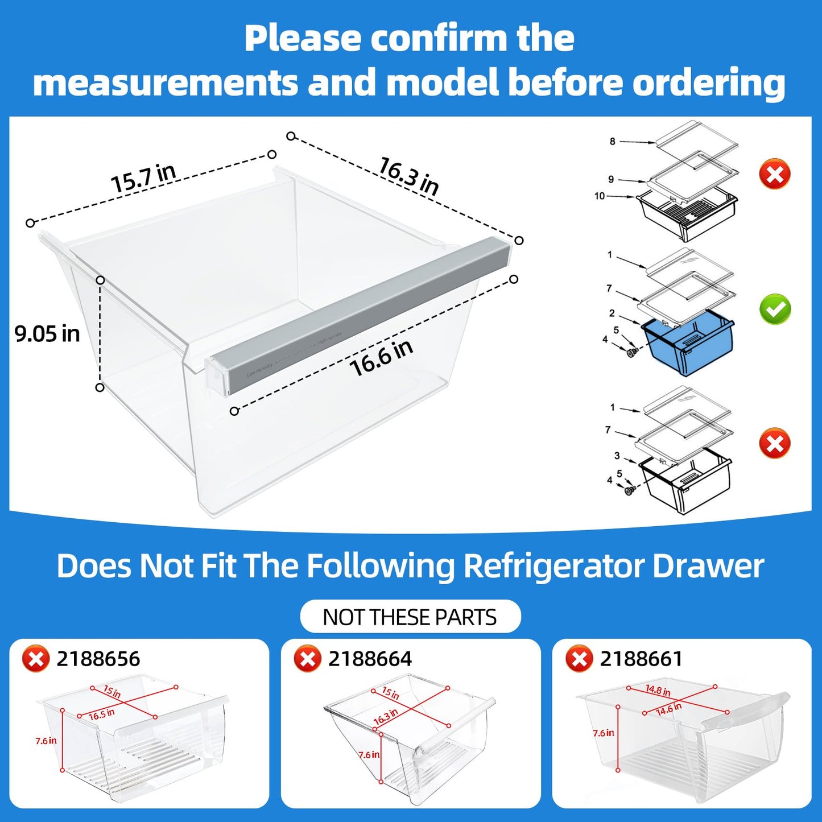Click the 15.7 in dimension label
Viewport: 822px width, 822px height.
(143, 177)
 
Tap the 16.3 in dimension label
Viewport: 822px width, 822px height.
(408, 176)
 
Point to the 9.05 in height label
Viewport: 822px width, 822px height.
(47, 334)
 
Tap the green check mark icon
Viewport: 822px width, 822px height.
(775, 309)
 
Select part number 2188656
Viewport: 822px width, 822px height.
(98, 659)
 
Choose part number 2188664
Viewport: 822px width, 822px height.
(370, 659)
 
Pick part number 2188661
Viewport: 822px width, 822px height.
(641, 659)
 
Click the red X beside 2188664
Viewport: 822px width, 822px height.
(307, 659)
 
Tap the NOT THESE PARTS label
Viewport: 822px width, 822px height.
(410, 617)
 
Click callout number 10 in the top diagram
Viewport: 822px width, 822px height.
(600, 196)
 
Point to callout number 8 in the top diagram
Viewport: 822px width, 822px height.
(612, 141)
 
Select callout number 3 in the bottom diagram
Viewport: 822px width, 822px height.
(617, 456)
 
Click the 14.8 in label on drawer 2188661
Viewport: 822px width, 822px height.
(658, 691)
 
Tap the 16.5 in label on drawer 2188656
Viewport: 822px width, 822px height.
(102, 714)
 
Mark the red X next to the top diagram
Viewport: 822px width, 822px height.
(775, 174)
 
